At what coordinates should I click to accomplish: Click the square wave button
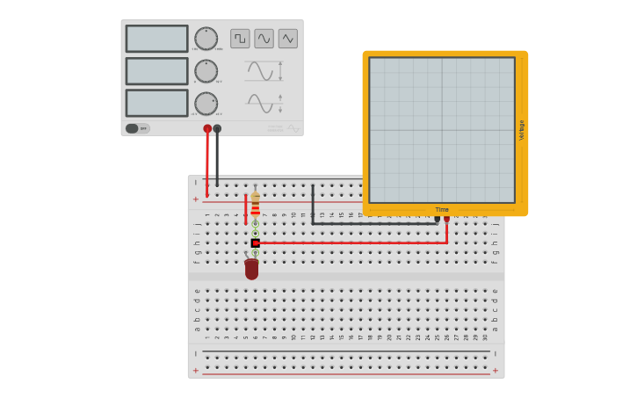point(240,39)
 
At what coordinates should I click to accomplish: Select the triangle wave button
point(288,39)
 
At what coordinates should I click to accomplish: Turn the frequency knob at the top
point(206,39)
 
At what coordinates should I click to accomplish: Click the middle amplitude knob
point(206,71)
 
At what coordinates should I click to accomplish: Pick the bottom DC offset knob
point(206,104)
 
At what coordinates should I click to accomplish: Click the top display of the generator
point(156,39)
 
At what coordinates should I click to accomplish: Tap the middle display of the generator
point(156,71)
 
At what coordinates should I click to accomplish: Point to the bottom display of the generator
point(156,103)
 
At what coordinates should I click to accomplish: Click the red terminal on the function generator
point(207,129)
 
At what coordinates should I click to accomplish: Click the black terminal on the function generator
point(217,129)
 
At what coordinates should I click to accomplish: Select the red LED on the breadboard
point(252,269)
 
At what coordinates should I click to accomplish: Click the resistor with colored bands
point(256,206)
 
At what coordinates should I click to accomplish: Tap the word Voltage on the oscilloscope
point(521,130)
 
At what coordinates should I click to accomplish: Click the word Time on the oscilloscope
point(442,210)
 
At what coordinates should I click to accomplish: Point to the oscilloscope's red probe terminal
point(446,219)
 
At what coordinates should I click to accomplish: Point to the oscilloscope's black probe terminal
point(437,219)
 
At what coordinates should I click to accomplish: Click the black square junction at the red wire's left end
point(256,242)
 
